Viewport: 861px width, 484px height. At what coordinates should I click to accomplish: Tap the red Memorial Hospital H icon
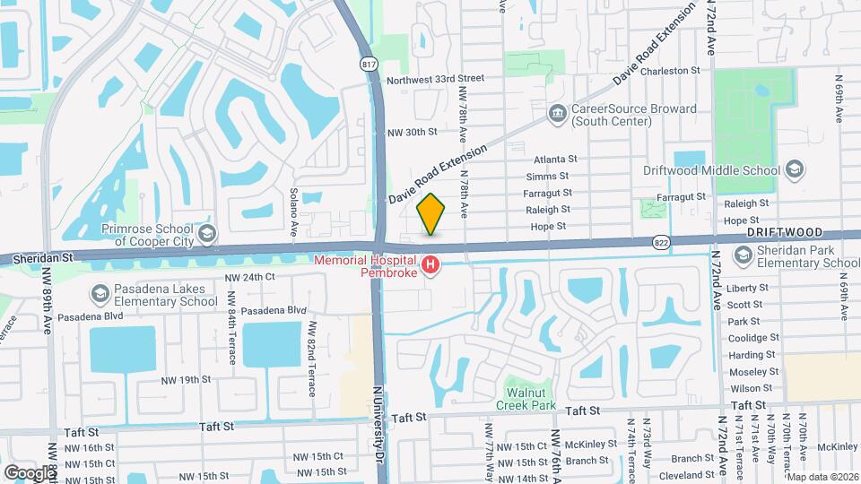pos(430,264)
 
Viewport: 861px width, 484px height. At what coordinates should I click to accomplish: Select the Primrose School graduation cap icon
pos(206,235)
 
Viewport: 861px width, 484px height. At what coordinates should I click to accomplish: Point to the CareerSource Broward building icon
pos(557,113)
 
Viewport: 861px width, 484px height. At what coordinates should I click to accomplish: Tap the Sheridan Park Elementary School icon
pos(744,255)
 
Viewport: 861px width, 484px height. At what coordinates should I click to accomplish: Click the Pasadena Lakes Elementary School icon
pos(99,294)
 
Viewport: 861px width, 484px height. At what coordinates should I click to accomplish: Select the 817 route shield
pos(369,65)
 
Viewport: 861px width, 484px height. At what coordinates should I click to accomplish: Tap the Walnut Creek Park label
pos(526,399)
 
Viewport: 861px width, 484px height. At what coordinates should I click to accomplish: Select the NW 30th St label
pos(411,132)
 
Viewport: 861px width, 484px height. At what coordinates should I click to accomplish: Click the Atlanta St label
pos(555,159)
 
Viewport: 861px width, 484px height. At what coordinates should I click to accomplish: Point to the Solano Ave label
pos(293,212)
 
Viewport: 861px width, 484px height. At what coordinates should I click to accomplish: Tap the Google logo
pos(29,472)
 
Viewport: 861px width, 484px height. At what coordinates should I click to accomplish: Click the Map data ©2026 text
pos(822,476)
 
